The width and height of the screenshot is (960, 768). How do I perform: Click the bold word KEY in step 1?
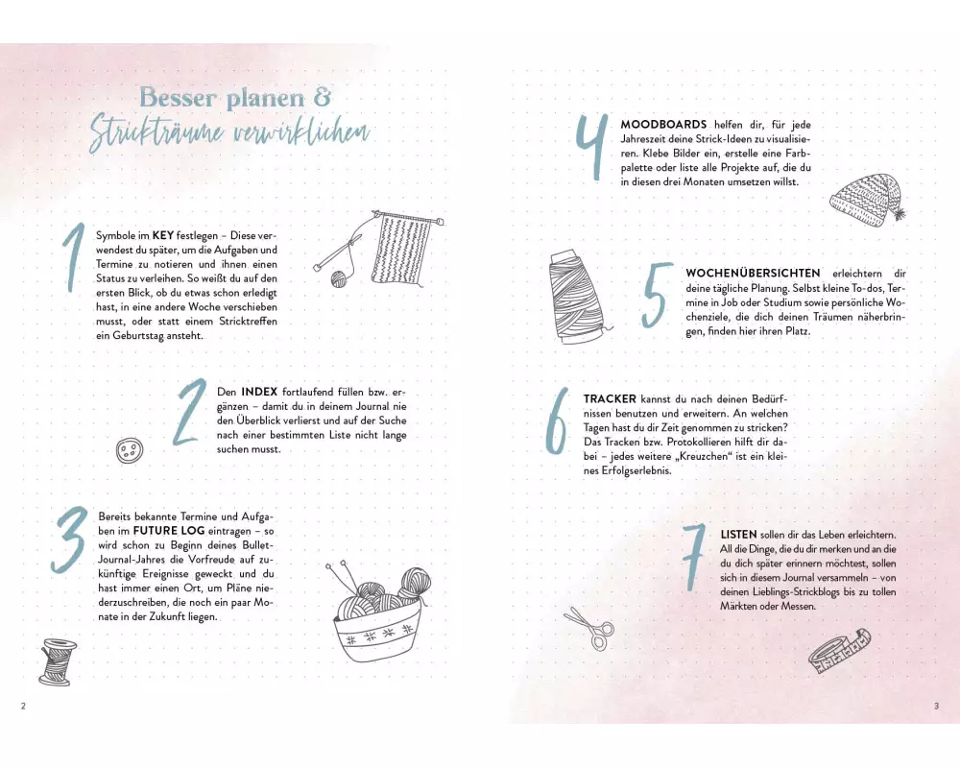[x=163, y=235]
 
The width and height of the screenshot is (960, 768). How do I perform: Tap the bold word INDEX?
[x=259, y=392]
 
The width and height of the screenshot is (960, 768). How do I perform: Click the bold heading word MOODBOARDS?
[x=663, y=125]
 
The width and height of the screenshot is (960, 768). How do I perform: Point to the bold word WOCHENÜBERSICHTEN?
[x=753, y=274]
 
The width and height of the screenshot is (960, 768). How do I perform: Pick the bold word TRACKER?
[x=610, y=399]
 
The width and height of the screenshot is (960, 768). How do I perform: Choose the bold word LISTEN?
[x=739, y=535]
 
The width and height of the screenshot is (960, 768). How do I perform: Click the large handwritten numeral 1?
[x=74, y=258]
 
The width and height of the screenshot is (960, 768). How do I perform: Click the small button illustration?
[x=130, y=450]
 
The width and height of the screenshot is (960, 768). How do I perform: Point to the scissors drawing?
[x=589, y=627]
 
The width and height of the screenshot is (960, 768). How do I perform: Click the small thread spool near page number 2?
[x=58, y=661]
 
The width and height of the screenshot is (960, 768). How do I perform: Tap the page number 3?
[x=935, y=706]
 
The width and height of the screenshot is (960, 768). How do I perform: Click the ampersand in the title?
[x=322, y=97]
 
